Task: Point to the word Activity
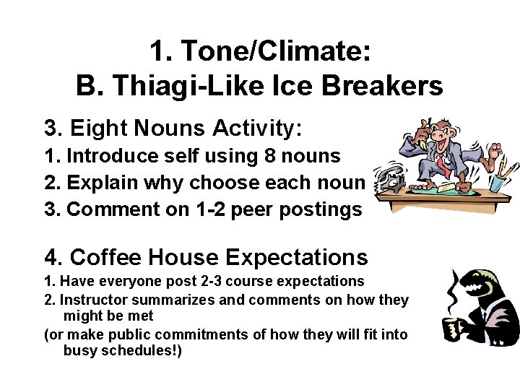point(256,129)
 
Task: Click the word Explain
point(100,182)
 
